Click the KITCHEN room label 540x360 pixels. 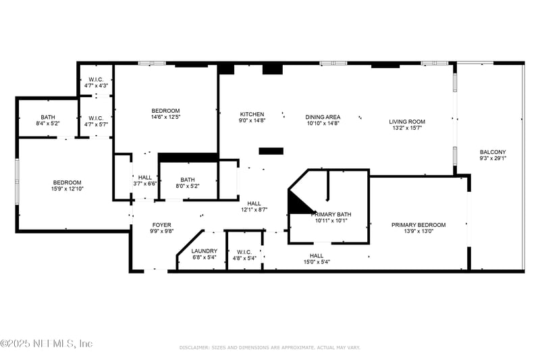(x=252, y=114)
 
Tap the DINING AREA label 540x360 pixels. (x=323, y=117)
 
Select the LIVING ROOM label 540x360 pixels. (x=406, y=122)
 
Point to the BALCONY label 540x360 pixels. (x=493, y=152)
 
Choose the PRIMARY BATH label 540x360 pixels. (x=331, y=213)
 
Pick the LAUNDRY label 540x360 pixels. (x=204, y=251)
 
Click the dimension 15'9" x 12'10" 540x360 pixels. (x=67, y=189)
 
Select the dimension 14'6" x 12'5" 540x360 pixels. (x=165, y=118)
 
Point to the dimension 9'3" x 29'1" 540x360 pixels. (x=493, y=159)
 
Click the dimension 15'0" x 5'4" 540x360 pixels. (x=317, y=262)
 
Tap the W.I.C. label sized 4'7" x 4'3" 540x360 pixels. (x=96, y=86)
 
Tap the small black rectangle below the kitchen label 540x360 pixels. (x=271, y=151)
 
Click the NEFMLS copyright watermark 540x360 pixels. (x=47, y=344)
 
